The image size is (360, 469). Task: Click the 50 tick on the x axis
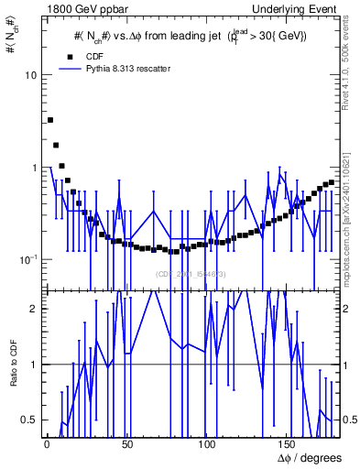point(126,446)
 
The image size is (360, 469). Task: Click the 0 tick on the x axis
point(47,446)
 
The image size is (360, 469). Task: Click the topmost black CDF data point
point(50,120)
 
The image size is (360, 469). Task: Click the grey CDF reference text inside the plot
point(191,274)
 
